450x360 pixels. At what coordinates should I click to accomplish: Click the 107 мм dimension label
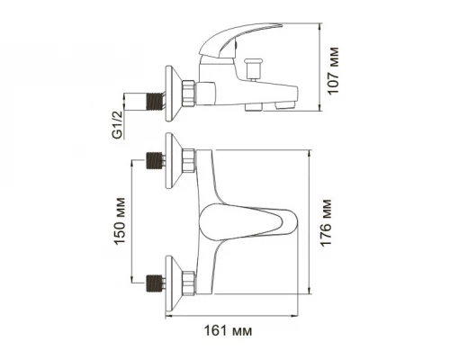point(333,71)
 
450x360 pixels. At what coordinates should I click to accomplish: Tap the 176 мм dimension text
point(326,223)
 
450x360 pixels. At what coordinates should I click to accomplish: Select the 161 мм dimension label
point(228,331)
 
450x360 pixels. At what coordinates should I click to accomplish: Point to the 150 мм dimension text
point(120,220)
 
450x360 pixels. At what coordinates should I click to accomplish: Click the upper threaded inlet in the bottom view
point(156,160)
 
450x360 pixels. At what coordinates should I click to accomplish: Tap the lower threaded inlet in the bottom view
point(156,283)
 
